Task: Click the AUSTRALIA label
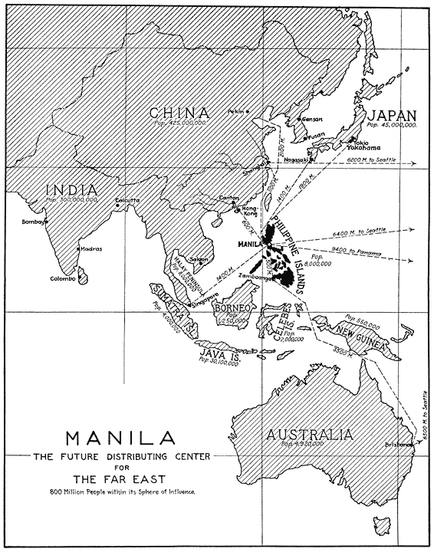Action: pyautogui.click(x=310, y=435)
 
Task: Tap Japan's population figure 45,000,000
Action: pyautogui.click(x=391, y=125)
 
